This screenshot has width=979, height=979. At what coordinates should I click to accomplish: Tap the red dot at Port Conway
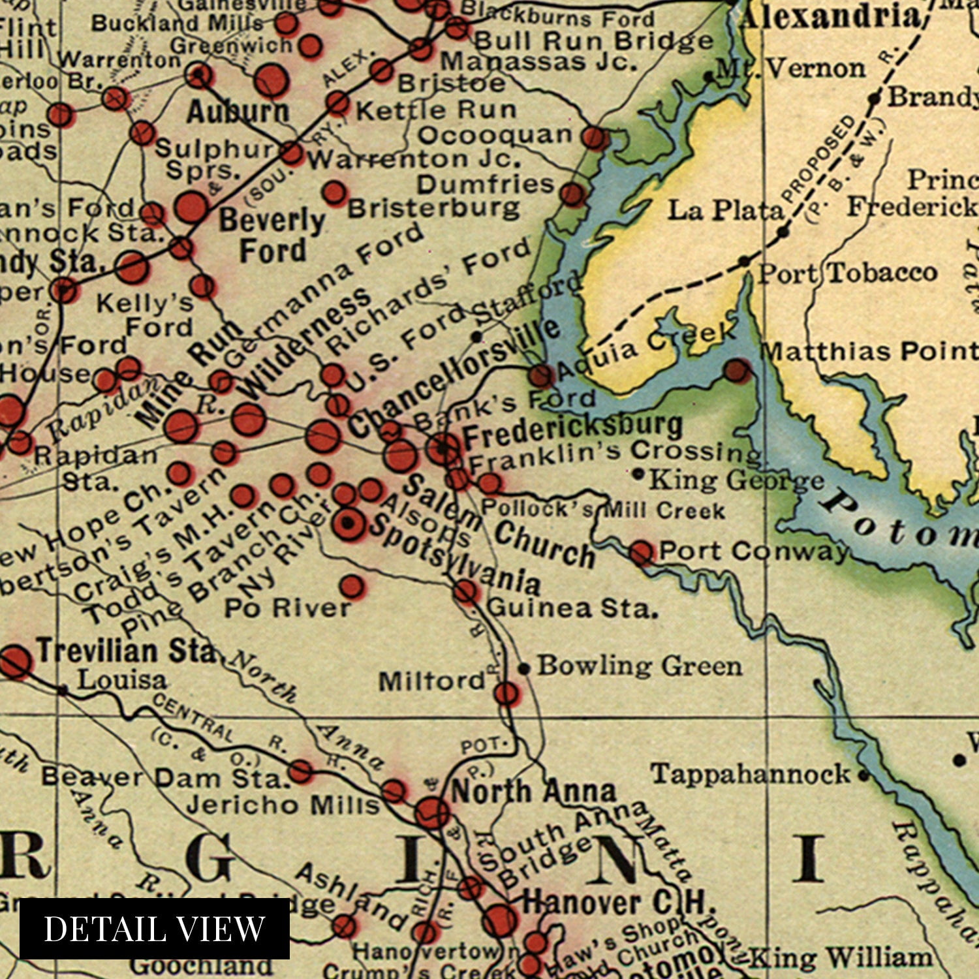coord(642,553)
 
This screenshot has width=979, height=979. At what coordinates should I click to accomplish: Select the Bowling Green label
coord(640,666)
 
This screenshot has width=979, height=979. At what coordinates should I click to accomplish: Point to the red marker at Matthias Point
coord(738,371)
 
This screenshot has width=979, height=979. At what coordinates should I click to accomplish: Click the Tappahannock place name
coord(751,775)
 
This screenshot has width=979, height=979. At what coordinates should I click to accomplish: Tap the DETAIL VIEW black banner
coord(155,929)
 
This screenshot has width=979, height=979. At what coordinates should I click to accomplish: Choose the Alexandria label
coord(830,17)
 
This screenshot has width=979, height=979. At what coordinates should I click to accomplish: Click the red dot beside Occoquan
coord(595,138)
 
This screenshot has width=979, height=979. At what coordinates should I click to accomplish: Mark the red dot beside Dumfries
coord(572,194)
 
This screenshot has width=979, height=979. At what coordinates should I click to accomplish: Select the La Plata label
coord(724,211)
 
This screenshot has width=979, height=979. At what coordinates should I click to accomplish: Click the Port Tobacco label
coord(847,273)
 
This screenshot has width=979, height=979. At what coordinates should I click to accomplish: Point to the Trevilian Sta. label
coord(125,651)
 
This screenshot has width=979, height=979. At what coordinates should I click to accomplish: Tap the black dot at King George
coord(638,474)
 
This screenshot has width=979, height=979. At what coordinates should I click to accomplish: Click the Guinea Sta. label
coord(572,608)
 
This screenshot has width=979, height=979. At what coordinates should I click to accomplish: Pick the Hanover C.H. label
coord(619,903)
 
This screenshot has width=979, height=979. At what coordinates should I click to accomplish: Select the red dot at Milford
coord(506,694)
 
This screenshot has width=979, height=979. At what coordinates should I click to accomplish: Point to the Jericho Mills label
coord(283,805)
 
